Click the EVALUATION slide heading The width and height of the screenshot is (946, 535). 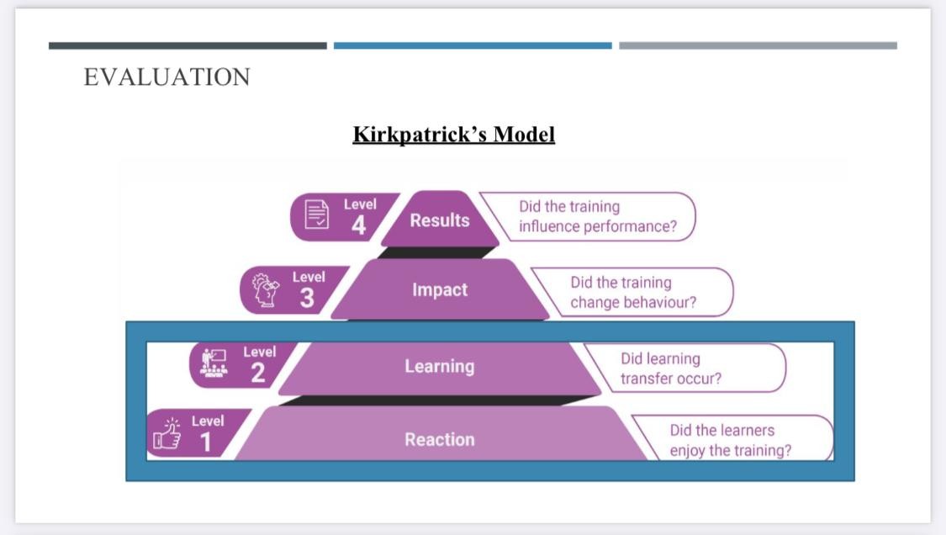pos(166,77)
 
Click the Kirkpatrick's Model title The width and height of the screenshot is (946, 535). pos(453,135)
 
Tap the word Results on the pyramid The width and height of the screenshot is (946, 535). pos(439,220)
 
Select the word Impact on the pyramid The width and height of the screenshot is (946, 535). pos(439,290)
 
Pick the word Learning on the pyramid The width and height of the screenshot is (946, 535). pos(439,367)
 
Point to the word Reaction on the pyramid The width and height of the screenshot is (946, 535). pos(439,440)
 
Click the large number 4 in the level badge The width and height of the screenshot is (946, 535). pos(359,225)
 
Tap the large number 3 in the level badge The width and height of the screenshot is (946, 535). pos(307,298)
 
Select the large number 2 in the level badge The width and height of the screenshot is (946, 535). pos(258,373)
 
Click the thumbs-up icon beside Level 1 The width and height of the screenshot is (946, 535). pos(166,436)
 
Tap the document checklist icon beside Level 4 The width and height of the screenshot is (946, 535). pos(316,216)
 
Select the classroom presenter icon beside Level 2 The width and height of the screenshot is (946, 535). pos(214,363)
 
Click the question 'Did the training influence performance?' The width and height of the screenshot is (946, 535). pos(597,217)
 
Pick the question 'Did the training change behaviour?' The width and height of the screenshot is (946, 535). pos(632,293)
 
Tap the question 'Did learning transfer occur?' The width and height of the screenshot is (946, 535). pos(670,368)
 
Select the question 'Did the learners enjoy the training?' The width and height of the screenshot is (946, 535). pos(730,440)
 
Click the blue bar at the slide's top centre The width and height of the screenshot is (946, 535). pos(473,45)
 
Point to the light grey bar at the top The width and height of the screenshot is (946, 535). pos(758,45)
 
